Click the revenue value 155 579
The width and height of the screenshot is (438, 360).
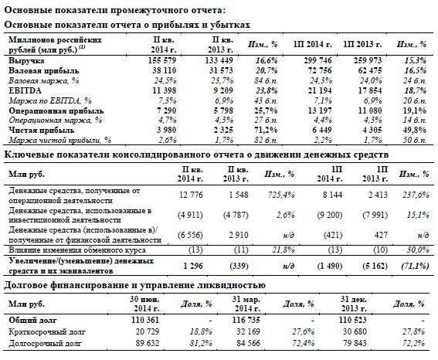pos(162,60)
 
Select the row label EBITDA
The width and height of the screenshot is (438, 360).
pos(25,90)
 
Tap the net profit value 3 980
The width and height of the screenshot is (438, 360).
pos(166,130)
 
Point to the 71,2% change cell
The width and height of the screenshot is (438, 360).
pos(266,130)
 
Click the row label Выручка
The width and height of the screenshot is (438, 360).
pos(26,60)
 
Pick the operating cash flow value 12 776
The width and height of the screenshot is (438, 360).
pos(191,195)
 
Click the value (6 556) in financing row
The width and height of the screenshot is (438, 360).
pos(190,235)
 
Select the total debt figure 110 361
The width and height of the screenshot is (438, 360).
pos(145,320)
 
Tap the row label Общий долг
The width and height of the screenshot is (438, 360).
pos(32,320)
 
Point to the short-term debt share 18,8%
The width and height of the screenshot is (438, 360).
pos(201,331)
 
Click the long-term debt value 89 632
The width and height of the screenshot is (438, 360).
pos(148,343)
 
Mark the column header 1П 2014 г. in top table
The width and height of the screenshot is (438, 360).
pos(313,44)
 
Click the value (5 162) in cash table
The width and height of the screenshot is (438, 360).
pos(375,266)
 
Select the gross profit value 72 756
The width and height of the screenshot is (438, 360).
pos(320,70)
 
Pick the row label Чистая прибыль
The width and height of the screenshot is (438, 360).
pos(42,130)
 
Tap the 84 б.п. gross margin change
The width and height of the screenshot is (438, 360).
pos(266,80)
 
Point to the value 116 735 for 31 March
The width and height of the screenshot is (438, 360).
pos(246,320)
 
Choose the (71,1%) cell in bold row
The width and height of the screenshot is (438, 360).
pos(415,266)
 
